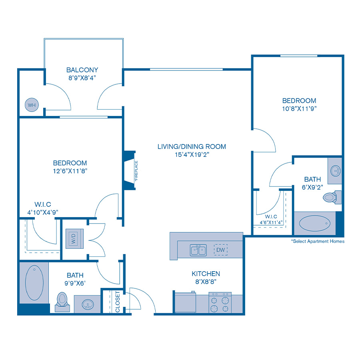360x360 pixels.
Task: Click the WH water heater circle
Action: point(32,105)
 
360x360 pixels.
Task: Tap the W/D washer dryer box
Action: point(74,238)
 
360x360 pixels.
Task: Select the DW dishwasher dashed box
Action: point(221,250)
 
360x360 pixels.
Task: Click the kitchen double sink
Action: point(198,250)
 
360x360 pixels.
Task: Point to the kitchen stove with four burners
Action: point(220,302)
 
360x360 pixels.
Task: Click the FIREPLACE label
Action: point(136,171)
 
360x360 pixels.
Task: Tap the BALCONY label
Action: point(82,70)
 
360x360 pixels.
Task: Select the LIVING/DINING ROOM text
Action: point(192,146)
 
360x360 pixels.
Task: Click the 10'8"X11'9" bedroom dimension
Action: point(299,108)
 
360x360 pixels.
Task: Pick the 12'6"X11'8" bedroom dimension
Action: point(70,171)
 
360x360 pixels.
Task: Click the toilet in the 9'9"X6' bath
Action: point(62,302)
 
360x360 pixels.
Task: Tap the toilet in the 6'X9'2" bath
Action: point(332,197)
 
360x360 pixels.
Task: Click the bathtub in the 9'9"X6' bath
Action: point(34,283)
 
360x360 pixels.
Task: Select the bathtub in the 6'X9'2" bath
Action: point(314,223)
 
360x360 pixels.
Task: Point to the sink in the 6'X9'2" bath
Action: point(336,171)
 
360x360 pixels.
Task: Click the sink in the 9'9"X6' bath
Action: point(88,305)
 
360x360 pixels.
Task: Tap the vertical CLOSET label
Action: point(118,302)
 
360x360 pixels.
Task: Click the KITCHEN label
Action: point(206,274)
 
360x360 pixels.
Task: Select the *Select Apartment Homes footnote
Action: point(318,241)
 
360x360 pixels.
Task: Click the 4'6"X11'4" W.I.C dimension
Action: point(271,222)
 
